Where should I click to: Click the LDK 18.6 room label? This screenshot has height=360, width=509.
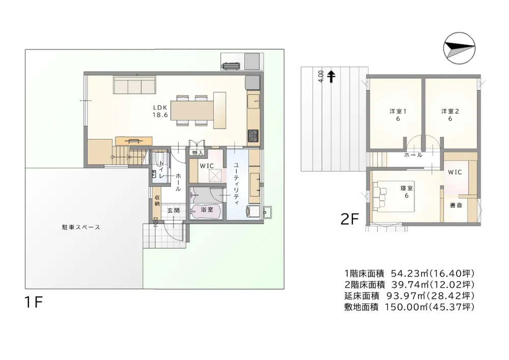(160, 110)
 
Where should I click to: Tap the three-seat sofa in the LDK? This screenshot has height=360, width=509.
(135, 85)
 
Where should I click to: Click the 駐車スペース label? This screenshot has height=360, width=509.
(81, 227)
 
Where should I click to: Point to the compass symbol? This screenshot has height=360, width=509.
(459, 48)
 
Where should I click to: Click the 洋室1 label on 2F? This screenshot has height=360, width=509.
(398, 115)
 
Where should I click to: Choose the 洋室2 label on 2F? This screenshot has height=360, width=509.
(450, 115)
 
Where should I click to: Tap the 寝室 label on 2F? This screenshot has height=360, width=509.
(406, 192)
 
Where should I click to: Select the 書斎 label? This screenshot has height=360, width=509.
(456, 205)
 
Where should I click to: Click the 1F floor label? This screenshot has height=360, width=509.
(34, 302)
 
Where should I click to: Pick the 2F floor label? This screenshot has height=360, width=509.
(350, 219)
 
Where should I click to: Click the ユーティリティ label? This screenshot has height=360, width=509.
(236, 184)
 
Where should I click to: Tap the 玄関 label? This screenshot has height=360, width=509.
(174, 210)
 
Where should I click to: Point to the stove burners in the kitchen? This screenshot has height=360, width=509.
(253, 135)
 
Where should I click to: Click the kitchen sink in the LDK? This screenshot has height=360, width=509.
(253, 101)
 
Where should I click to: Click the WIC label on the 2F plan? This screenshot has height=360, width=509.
(455, 172)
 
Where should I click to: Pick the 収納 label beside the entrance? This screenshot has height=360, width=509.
(157, 201)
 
